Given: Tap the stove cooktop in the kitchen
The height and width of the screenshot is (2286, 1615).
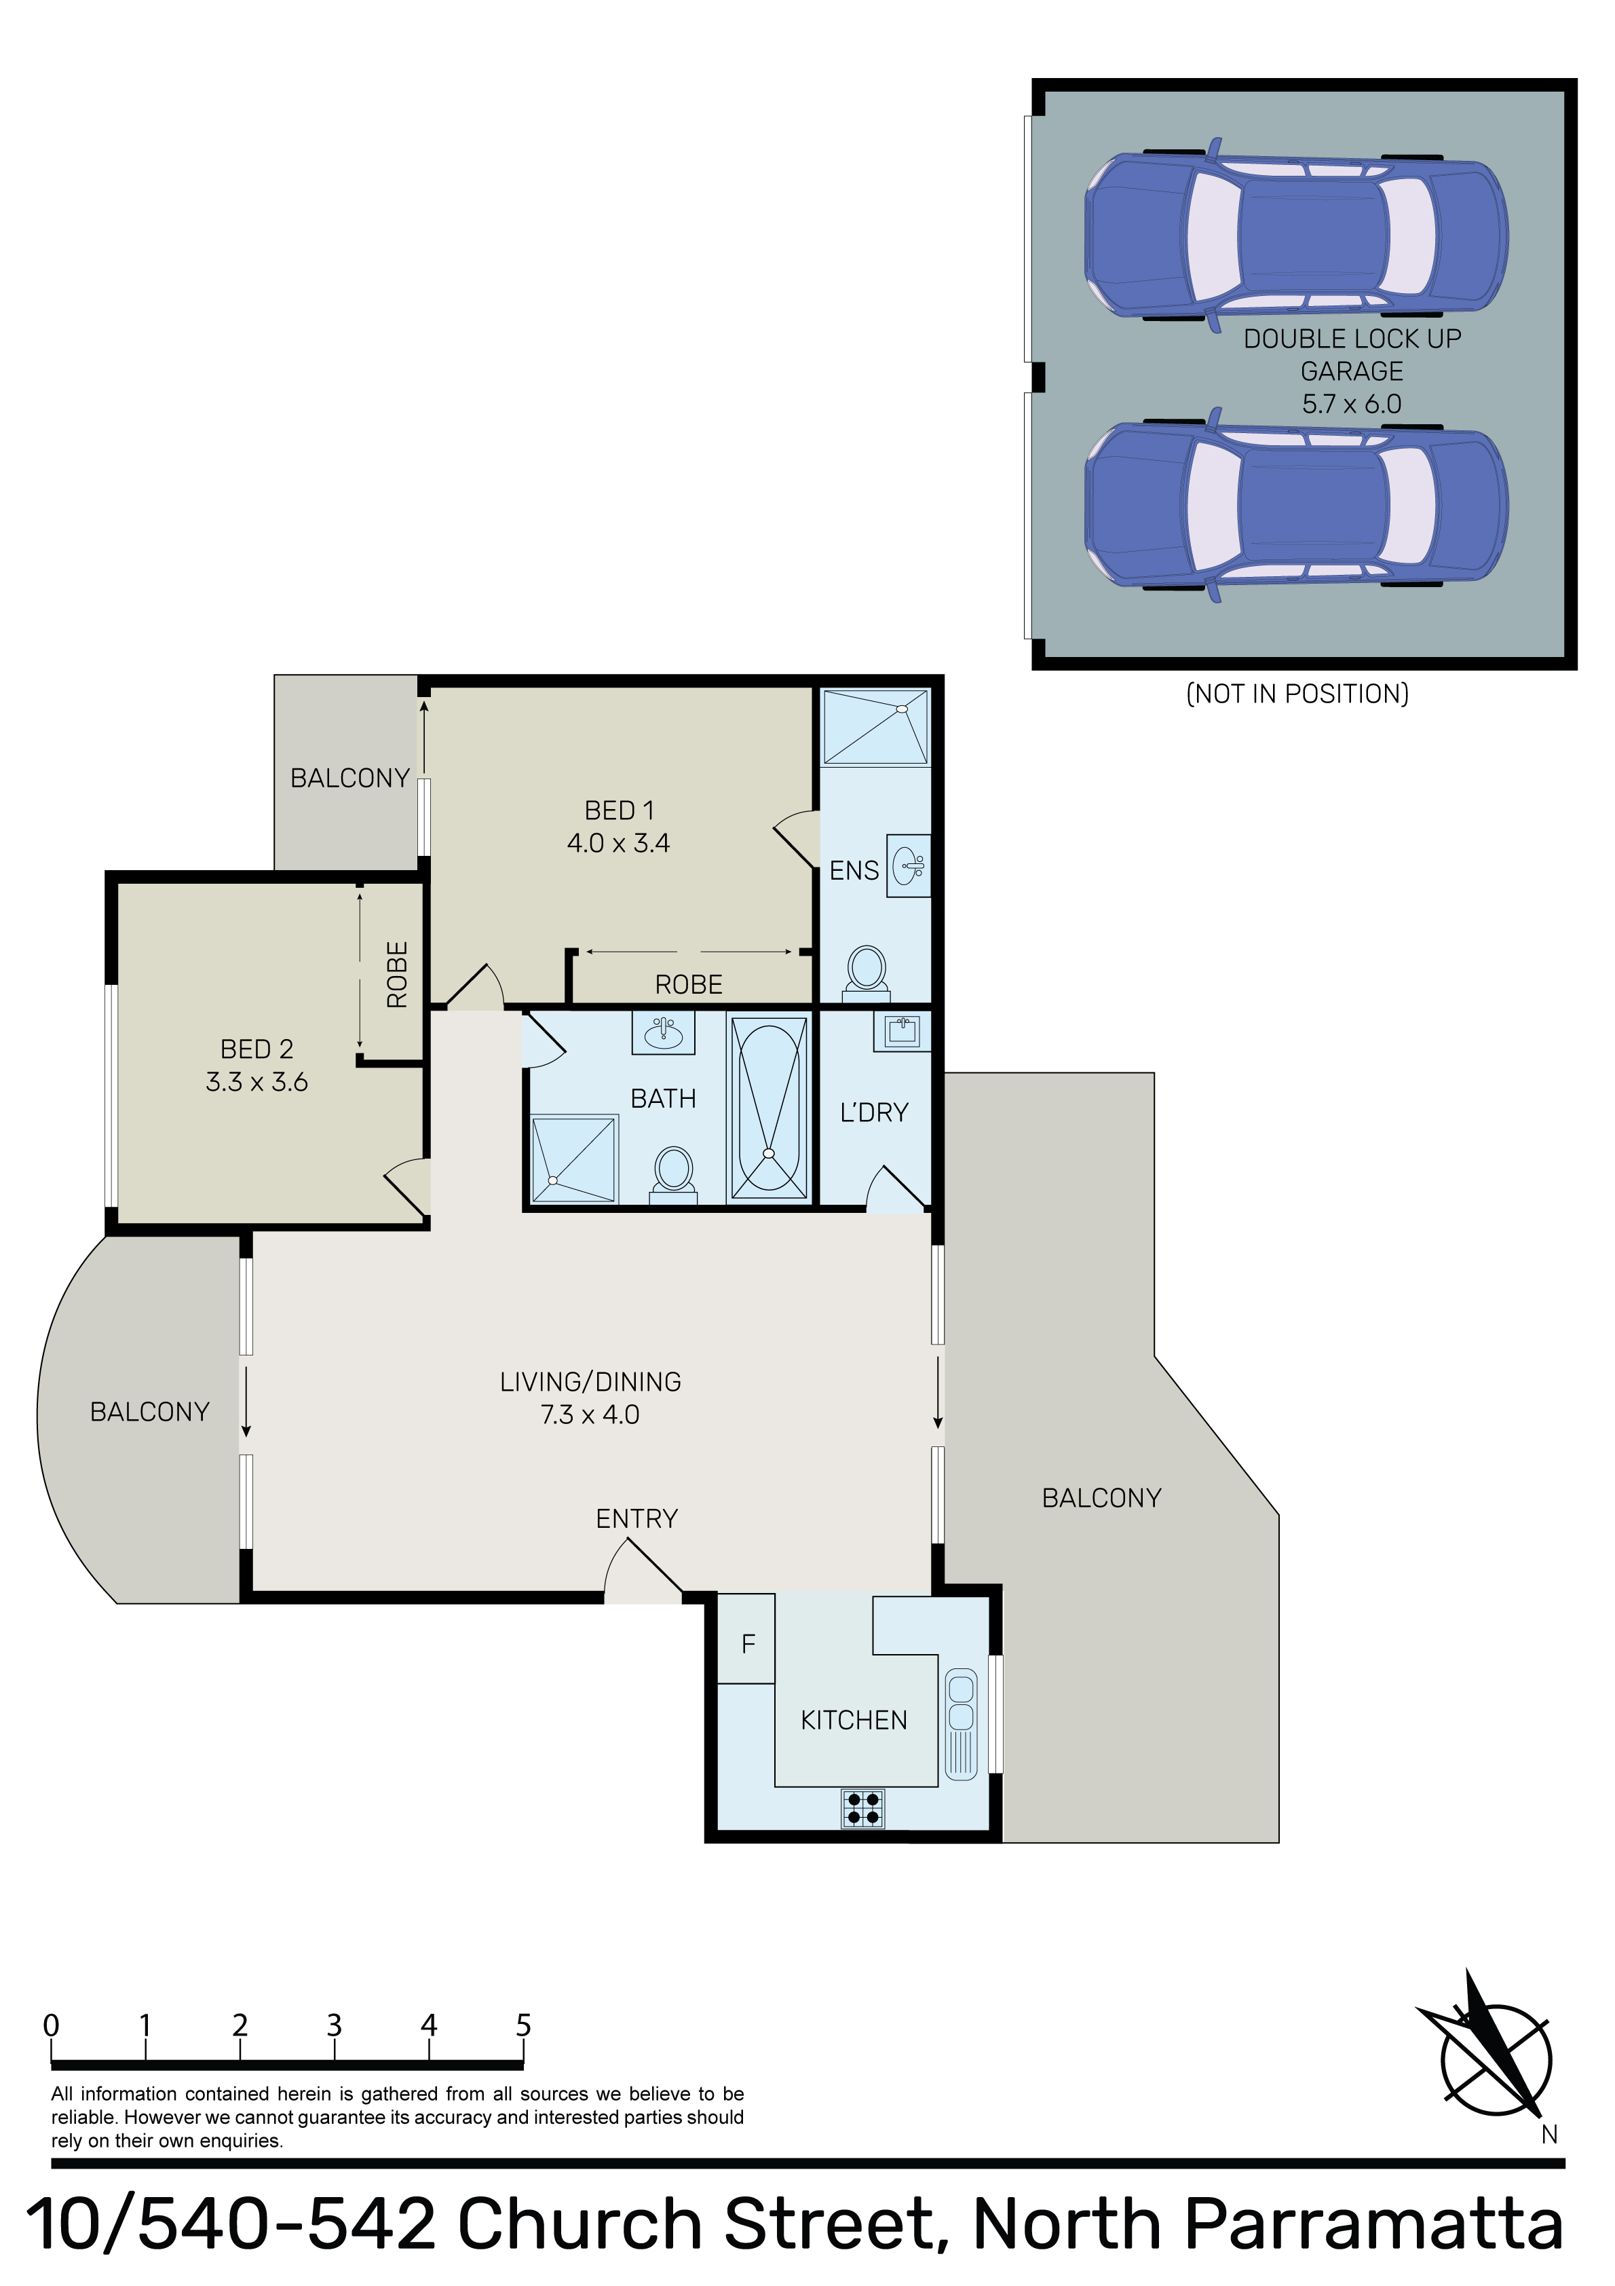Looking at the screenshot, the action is pos(862,1808).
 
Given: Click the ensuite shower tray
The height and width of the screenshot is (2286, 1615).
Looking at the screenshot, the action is pos(875,727).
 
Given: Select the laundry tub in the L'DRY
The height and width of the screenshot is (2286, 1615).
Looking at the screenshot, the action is pos(902,1032).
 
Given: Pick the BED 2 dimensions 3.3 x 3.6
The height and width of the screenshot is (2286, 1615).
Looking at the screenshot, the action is pos(257,1083).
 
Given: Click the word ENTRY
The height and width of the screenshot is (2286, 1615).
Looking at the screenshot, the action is pos(636,1518).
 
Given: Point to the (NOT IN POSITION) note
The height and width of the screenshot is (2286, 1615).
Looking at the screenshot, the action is pos(1297,694).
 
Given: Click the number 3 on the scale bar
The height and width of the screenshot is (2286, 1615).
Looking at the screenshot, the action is pos(335,2025).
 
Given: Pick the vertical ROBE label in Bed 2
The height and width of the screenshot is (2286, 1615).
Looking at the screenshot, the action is pos(397,974).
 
